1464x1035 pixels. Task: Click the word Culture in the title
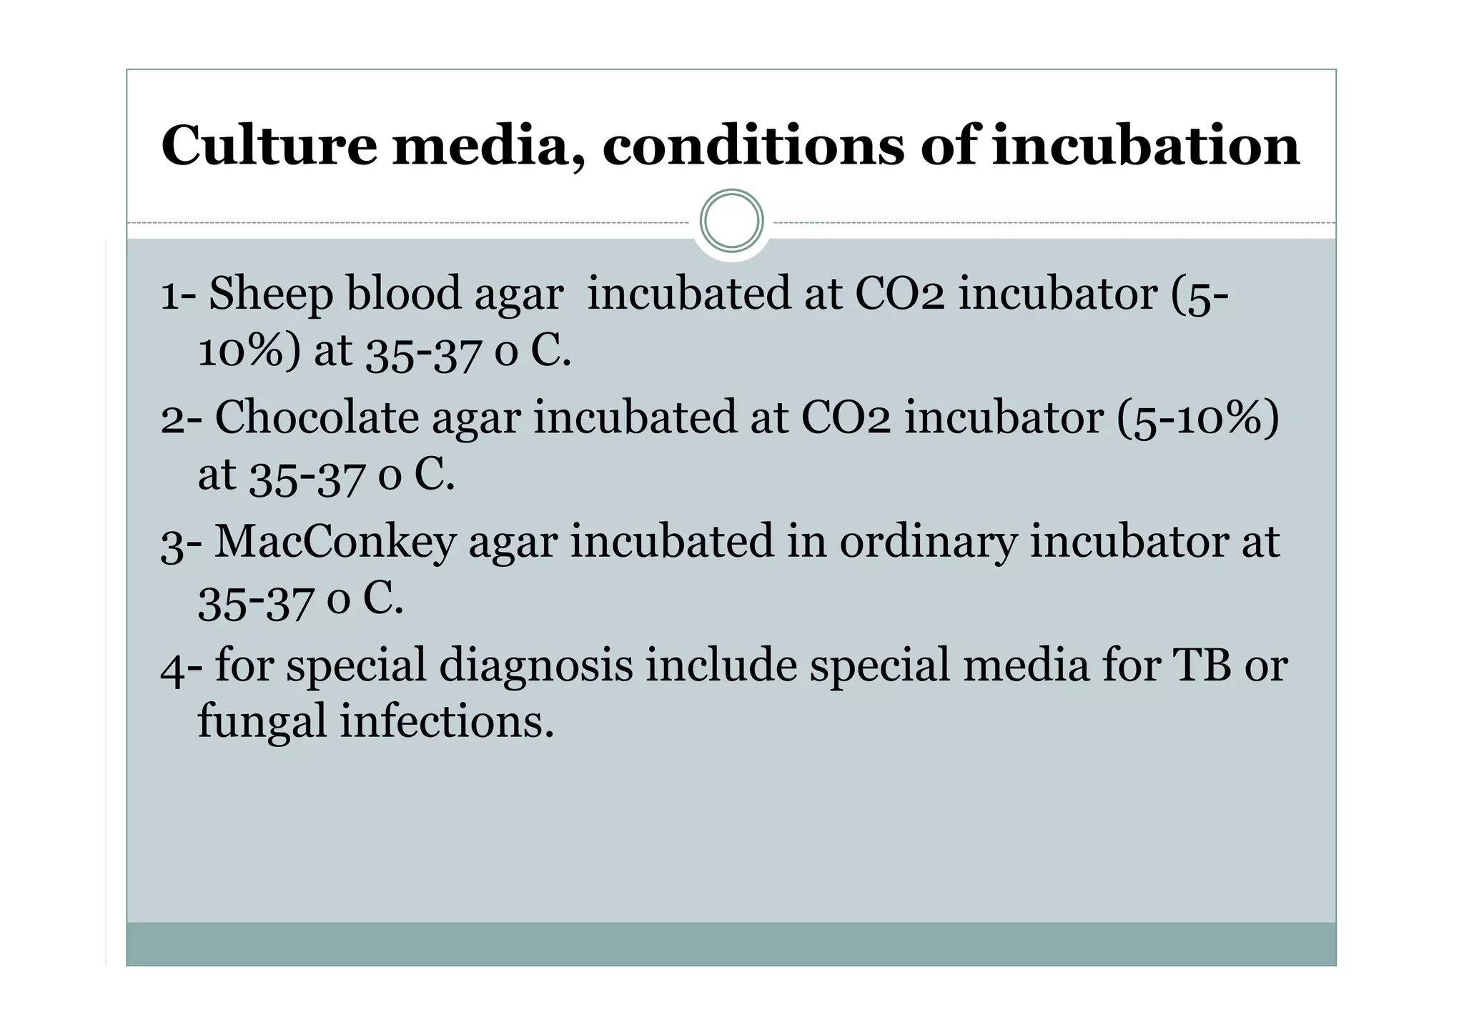[x=269, y=146]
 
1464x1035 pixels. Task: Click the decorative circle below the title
[x=731, y=221]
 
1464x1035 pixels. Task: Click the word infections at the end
[x=447, y=721]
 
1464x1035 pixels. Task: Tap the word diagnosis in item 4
[x=535, y=665]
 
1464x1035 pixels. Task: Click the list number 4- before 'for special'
[x=181, y=665]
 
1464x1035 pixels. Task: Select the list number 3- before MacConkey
[x=181, y=542]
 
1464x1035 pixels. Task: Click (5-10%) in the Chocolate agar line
[x=1198, y=417]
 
